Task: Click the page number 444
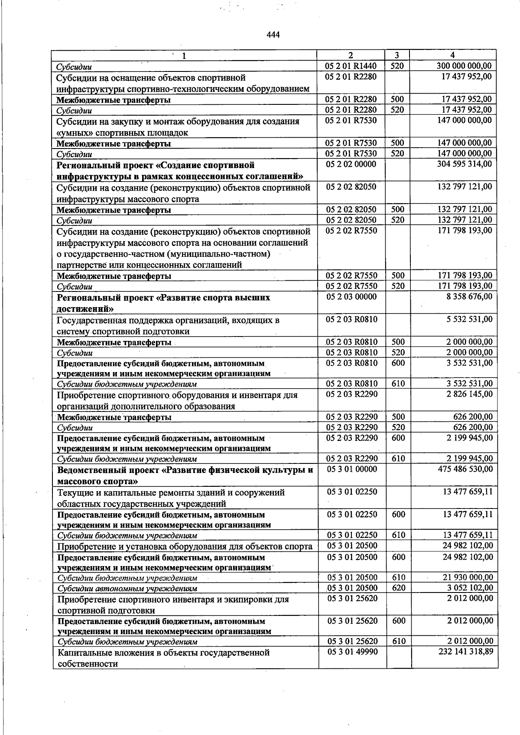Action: click(x=273, y=35)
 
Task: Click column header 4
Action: click(x=452, y=55)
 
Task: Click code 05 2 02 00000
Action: click(x=351, y=164)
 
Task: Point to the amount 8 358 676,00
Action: click(x=469, y=297)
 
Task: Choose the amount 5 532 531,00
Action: click(x=469, y=319)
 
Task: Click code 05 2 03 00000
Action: click(x=351, y=297)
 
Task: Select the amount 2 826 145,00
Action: click(x=469, y=394)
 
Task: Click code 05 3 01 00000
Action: click(x=352, y=469)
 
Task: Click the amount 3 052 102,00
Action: click(x=470, y=588)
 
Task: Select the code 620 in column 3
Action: click(x=398, y=588)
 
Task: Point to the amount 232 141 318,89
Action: click(x=466, y=651)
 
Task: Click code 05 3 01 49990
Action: click(x=352, y=651)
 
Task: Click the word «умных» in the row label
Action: click(x=72, y=133)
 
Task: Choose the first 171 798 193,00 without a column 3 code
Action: click(x=465, y=230)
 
